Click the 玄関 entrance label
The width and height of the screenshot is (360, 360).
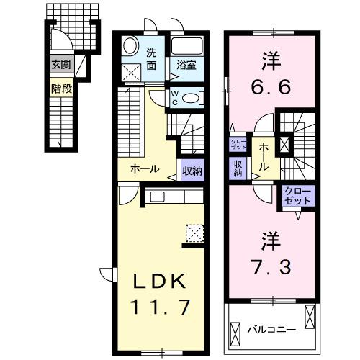(60, 64)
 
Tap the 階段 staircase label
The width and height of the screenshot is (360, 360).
(60, 89)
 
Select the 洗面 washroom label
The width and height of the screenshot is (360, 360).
(152, 58)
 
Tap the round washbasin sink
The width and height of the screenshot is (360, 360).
(131, 45)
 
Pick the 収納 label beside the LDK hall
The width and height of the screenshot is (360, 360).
(192, 171)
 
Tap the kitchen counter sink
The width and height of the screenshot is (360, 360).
(158, 197)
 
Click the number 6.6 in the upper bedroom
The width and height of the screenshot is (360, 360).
(271, 88)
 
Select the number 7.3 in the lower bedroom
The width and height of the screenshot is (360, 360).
(271, 268)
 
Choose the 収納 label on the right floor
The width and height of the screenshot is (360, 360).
(238, 168)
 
